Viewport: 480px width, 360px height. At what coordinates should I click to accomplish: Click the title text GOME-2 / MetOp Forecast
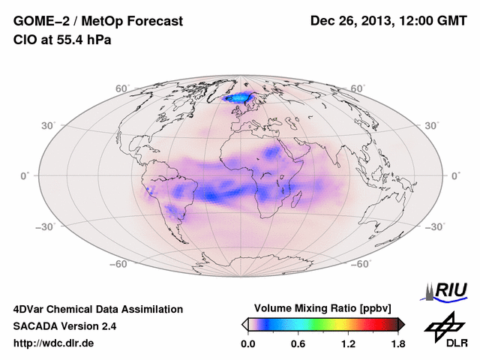pyautogui.click(x=97, y=22)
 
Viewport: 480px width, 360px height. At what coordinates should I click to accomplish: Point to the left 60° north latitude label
pyautogui.click(x=122, y=88)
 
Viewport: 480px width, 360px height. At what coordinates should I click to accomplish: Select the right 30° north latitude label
pyautogui.click(x=433, y=125)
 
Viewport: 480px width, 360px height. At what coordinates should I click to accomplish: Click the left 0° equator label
pyautogui.click(x=25, y=175)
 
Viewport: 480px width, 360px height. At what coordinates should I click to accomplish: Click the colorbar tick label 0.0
pyautogui.click(x=248, y=344)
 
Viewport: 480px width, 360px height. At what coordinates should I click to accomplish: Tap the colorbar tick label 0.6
pyautogui.click(x=298, y=344)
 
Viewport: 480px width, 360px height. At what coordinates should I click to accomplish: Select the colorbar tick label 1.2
pyautogui.click(x=348, y=344)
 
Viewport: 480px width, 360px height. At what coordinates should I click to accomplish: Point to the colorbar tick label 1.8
pyautogui.click(x=398, y=344)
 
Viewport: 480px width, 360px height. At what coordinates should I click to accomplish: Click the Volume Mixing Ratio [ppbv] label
pyautogui.click(x=324, y=308)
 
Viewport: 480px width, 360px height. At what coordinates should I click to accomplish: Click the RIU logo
pyautogui.click(x=445, y=291)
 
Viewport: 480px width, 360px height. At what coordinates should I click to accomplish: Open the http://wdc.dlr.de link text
pyautogui.click(x=54, y=343)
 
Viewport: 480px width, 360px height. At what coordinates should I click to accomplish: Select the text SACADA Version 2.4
pyautogui.click(x=64, y=326)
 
